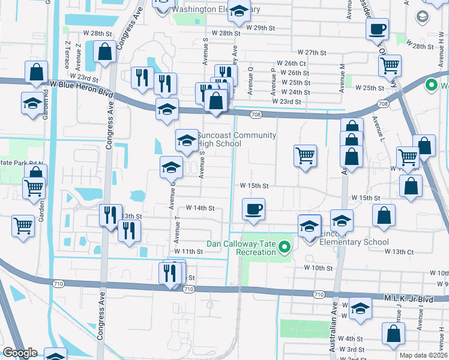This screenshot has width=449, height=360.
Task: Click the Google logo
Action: (x=19, y=353)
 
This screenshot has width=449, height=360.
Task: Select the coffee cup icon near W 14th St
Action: (x=253, y=210)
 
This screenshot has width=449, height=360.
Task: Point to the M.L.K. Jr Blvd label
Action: (x=408, y=298)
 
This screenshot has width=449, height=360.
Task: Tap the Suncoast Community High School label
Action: (x=237, y=139)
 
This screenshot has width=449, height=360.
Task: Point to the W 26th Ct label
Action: (x=292, y=63)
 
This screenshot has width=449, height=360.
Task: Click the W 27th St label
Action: (x=311, y=53)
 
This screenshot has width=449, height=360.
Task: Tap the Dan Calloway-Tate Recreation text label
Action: (x=241, y=248)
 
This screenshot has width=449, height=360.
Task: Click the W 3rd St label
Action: (x=351, y=349)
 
